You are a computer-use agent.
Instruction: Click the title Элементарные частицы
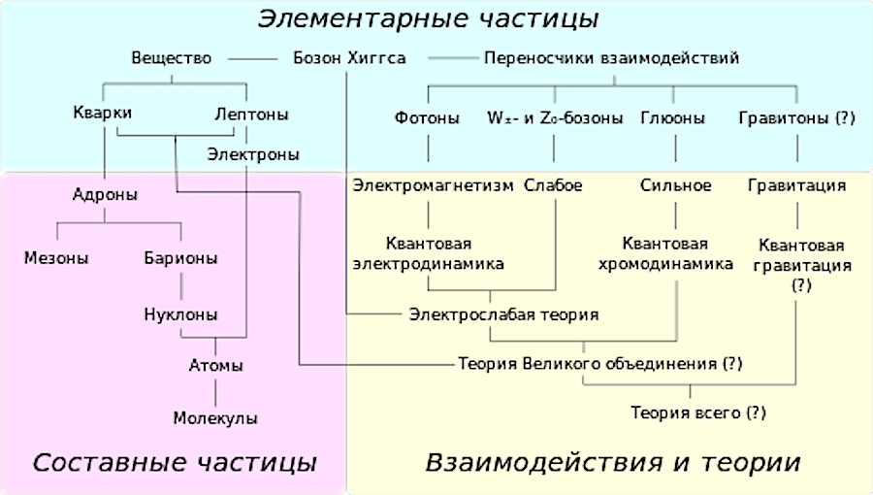point(428,19)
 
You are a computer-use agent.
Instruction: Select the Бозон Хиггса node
point(349,58)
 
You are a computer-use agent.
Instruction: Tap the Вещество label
point(172,58)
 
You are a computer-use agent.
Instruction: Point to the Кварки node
point(103,113)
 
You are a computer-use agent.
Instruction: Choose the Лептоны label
point(251,115)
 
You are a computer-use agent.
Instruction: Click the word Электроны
point(253,154)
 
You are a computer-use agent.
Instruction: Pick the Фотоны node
point(427,118)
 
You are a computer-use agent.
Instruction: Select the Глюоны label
point(672,118)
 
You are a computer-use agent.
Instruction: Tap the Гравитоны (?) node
point(796,118)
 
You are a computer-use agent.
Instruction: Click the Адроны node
point(105,195)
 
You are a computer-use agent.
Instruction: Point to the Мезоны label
point(56,258)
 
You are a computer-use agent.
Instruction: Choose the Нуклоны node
point(180,314)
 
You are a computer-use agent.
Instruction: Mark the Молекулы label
point(215,417)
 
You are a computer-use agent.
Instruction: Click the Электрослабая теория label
point(503,314)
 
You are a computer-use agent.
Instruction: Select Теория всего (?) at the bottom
point(698,412)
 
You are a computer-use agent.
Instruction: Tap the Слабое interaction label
point(553,185)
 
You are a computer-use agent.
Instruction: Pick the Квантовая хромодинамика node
point(665,253)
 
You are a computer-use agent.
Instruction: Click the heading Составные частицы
point(175,463)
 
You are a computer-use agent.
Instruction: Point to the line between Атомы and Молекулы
point(215,391)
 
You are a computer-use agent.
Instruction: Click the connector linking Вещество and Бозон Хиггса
point(253,58)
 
